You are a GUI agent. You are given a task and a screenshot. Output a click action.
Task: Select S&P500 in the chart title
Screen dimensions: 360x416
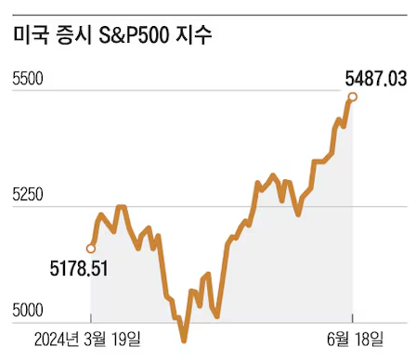(141, 36)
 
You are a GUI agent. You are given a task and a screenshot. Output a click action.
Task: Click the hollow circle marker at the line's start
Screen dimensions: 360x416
(91, 248)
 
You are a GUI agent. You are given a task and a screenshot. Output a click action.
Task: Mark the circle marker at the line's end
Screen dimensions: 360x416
(353, 96)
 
